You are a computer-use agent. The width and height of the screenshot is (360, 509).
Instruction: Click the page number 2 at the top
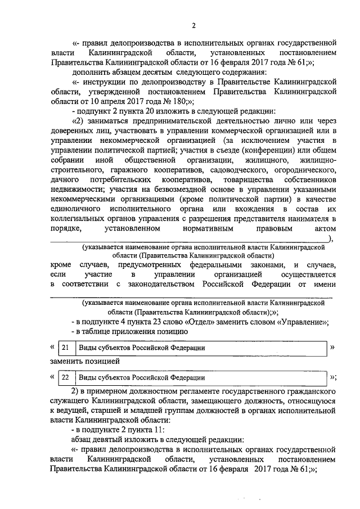(193, 25)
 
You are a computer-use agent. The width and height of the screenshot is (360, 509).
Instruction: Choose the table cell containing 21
(67, 348)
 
